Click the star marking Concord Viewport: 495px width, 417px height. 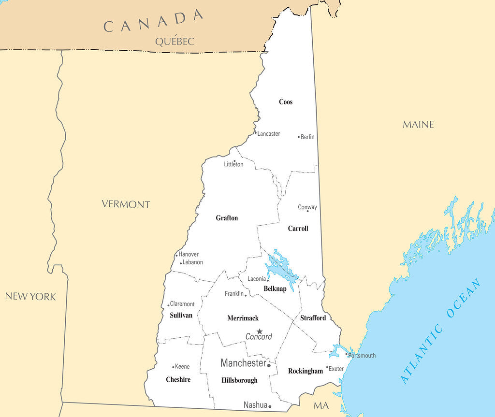pyautogui.click(x=260, y=331)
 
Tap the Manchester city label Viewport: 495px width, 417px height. pyautogui.click(x=243, y=363)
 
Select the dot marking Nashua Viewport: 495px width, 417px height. pyautogui.click(x=270, y=407)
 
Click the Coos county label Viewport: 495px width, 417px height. pyautogui.click(x=286, y=102)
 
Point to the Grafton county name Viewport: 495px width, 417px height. pyautogui.click(x=227, y=218)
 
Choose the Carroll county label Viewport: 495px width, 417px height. pyautogui.click(x=298, y=229)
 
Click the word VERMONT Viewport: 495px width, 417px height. pyautogui.click(x=126, y=204)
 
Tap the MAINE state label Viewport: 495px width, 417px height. pyautogui.click(x=418, y=125)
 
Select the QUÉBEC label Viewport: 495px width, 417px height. pyautogui.click(x=175, y=42)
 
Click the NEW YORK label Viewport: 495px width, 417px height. pyautogui.click(x=30, y=297)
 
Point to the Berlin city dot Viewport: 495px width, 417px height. pyautogui.click(x=299, y=137)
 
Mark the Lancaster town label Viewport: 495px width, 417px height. pyautogui.click(x=268, y=134)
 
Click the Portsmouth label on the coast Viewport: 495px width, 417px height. pyautogui.click(x=362, y=356)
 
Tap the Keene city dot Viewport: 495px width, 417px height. pyautogui.click(x=173, y=367)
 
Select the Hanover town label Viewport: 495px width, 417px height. pyautogui.click(x=189, y=255)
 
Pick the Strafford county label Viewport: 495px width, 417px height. pyautogui.click(x=313, y=318)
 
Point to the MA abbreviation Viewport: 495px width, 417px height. pyautogui.click(x=321, y=405)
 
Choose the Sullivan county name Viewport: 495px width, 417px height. pyautogui.click(x=181, y=316)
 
